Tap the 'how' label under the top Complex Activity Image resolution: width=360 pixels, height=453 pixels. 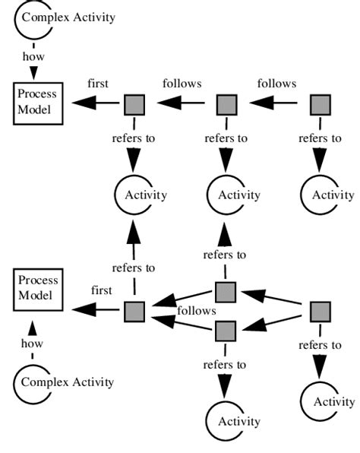33,55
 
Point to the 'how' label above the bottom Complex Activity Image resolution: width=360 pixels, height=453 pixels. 33,344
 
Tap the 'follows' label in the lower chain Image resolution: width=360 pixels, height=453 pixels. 197,310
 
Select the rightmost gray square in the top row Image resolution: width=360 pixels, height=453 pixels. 320,103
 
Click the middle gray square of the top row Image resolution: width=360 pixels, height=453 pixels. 226,103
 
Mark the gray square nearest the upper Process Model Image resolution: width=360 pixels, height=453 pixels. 133,103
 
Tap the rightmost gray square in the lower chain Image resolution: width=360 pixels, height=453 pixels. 321,312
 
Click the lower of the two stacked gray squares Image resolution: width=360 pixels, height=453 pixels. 226,331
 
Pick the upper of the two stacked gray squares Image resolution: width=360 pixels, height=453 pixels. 226,292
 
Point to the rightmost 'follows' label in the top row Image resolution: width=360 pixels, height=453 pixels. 276,83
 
